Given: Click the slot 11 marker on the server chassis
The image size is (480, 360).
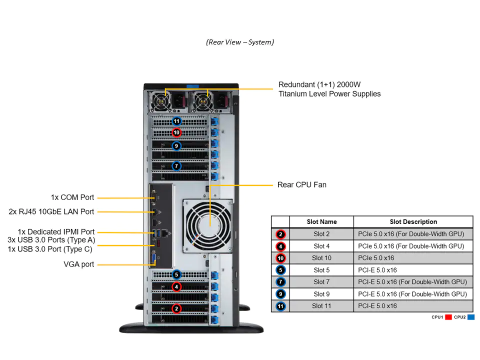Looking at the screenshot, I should pyautogui.click(x=176, y=121).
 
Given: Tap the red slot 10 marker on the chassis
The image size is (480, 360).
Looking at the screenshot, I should pyautogui.click(x=176, y=132).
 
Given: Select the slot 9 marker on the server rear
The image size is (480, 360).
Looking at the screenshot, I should pyautogui.click(x=176, y=146).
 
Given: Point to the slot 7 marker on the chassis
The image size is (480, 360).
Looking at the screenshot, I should pyautogui.click(x=176, y=165).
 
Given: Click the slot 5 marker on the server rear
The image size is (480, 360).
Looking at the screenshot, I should pyautogui.click(x=176, y=274).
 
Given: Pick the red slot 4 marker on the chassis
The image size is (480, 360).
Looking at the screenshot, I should pyautogui.click(x=176, y=286).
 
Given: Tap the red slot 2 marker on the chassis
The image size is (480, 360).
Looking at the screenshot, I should pyautogui.click(x=176, y=308).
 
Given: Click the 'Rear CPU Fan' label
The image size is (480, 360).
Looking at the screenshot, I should pyautogui.click(x=301, y=184).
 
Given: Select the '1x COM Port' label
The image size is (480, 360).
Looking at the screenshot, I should pyautogui.click(x=72, y=197).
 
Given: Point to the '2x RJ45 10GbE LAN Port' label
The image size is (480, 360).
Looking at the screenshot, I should pyautogui.click(x=51, y=211).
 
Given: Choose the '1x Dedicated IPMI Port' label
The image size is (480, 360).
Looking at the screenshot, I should pyautogui.click(x=56, y=231).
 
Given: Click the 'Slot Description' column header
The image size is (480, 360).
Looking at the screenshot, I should pyautogui.click(x=413, y=221).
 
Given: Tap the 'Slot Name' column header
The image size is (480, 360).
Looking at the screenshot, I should pyautogui.click(x=321, y=221).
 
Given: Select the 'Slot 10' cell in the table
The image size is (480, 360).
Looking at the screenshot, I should pyautogui.click(x=321, y=258).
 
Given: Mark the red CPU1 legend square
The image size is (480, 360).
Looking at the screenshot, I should pyautogui.click(x=448, y=317).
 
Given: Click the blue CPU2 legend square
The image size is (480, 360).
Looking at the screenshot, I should pyautogui.click(x=470, y=317).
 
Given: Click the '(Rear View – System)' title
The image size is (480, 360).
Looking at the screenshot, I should pyautogui.click(x=240, y=42).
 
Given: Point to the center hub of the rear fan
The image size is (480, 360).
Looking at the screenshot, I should pyautogui.click(x=208, y=224).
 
